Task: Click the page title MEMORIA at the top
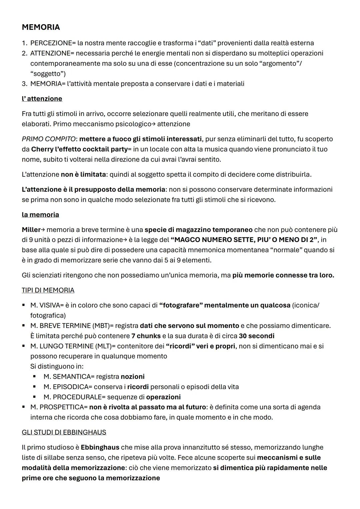pyautogui.click(x=41, y=27)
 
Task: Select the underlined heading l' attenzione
pyautogui.click(x=42, y=99)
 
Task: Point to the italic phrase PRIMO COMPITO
pyautogui.click(x=49, y=139)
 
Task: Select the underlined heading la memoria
pyautogui.click(x=40, y=215)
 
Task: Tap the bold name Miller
pyautogui.click(x=31, y=230)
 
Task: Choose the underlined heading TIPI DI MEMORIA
pyautogui.click(x=48, y=290)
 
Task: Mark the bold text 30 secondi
pyautogui.click(x=256, y=336)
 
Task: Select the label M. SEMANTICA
pyautogui.click(x=67, y=377)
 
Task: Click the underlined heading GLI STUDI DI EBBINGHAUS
pyautogui.click(x=64, y=432)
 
